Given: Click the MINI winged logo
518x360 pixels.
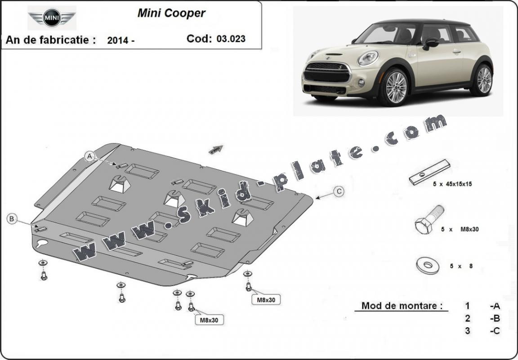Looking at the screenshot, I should pyautogui.click(x=52, y=18).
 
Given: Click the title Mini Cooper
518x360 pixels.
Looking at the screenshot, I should pyautogui.click(x=171, y=13).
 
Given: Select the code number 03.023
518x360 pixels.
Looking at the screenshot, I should pyautogui.click(x=231, y=39).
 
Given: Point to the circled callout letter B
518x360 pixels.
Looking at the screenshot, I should pyautogui.click(x=12, y=219).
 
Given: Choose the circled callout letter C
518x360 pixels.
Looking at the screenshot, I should pyautogui.click(x=339, y=192).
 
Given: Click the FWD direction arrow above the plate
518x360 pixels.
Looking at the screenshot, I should pyautogui.click(x=215, y=149).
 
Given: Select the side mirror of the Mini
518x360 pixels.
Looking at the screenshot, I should pyautogui.click(x=431, y=43).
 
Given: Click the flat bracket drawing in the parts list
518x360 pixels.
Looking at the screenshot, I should pyautogui.click(x=429, y=172).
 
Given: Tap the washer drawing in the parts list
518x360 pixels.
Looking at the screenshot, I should pyautogui.click(x=428, y=265).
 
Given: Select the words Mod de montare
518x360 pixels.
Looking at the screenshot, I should pyautogui.click(x=399, y=306).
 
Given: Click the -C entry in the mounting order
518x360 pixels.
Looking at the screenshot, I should pyautogui.click(x=495, y=331).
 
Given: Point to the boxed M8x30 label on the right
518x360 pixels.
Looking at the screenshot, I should pyautogui.click(x=266, y=298).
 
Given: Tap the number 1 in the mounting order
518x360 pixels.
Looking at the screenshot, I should pyautogui.click(x=468, y=306).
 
